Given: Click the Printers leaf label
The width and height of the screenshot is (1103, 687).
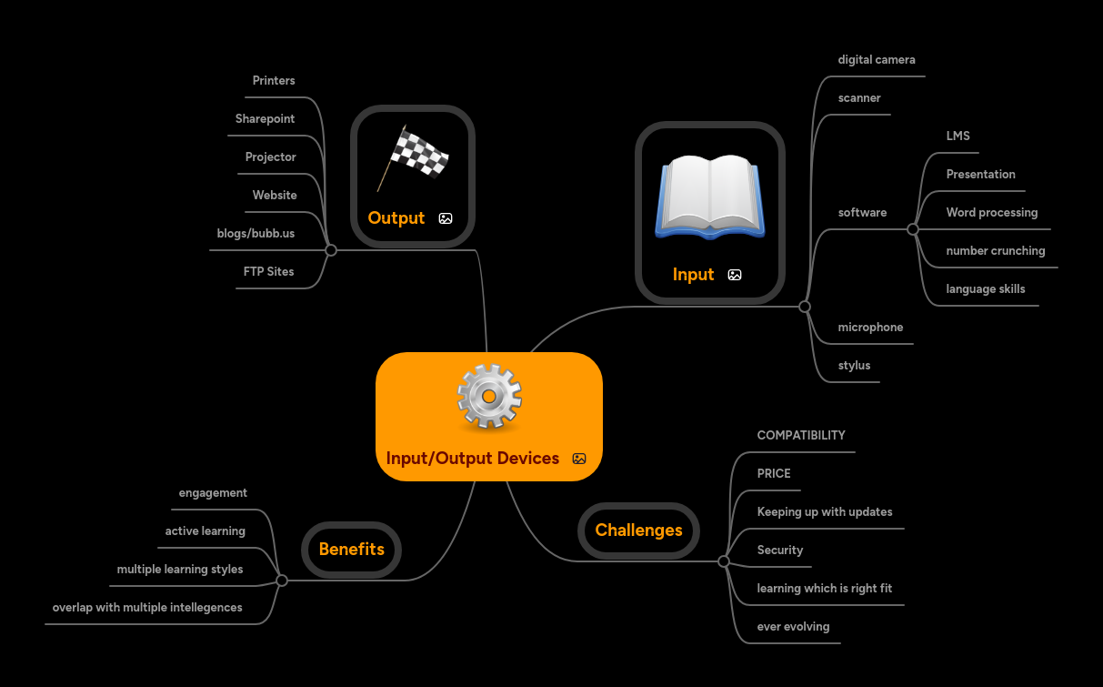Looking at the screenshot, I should click(274, 81).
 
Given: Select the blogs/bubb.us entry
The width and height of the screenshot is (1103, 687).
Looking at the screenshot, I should click(256, 234).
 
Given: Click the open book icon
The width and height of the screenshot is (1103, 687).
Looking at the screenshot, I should click(710, 196).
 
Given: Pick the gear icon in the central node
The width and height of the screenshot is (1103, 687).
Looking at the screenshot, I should click(489, 398).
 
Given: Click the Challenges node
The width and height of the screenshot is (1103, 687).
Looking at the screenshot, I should click(638, 530).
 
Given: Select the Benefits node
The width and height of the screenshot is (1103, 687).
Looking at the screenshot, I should click(351, 550).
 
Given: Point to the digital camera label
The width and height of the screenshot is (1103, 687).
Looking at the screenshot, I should click(877, 60).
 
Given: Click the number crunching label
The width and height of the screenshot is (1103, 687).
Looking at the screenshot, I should click(996, 251).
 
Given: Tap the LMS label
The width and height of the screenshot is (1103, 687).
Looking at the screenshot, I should click(958, 136).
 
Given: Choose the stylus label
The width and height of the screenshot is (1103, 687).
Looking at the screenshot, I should click(854, 366).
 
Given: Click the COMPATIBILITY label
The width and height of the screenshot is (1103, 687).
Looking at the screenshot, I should click(801, 436).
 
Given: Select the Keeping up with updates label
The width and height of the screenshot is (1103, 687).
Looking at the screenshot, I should click(825, 512).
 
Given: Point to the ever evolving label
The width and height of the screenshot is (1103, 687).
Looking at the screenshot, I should click(793, 627).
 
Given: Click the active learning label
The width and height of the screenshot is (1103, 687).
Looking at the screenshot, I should click(205, 531).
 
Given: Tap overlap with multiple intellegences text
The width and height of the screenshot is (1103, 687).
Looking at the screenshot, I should click(147, 608).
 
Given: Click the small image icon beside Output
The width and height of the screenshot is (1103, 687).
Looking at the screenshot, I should click(446, 218).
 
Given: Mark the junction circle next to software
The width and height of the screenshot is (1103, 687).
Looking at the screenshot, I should click(913, 229).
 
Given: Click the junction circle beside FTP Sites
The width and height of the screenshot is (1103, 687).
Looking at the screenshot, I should click(331, 249).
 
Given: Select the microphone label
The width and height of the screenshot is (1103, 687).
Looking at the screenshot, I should click(870, 328).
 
